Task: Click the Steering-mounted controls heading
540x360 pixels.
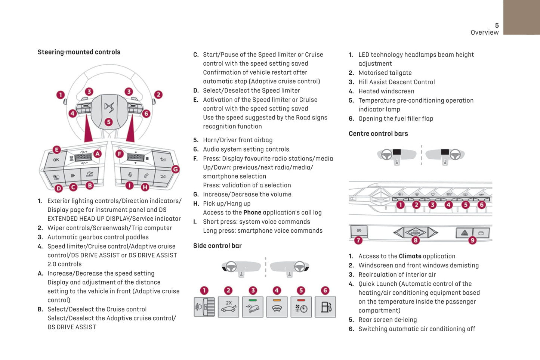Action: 79,52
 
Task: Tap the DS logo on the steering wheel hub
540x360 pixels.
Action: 109,108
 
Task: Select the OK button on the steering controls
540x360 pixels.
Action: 56,160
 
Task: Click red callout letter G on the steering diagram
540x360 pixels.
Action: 175,169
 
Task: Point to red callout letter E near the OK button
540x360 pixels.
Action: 56,150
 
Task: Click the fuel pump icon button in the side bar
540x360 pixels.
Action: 325,307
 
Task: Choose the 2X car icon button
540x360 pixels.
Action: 228,307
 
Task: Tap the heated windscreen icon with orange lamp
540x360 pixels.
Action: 277,307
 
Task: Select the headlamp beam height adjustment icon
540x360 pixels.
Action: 204,307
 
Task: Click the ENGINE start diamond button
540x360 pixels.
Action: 416,232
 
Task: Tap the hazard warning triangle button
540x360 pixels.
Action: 464,233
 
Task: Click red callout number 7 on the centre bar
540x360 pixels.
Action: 358,240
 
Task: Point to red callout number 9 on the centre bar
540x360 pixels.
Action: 472,240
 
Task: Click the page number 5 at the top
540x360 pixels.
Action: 497,25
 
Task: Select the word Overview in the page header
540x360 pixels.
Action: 484,32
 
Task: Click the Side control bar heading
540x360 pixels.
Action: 217,246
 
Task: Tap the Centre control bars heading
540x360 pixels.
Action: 378,134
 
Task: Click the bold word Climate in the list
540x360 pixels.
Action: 410,256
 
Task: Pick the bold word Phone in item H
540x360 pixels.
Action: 252,212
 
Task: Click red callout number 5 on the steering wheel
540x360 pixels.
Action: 108,122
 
